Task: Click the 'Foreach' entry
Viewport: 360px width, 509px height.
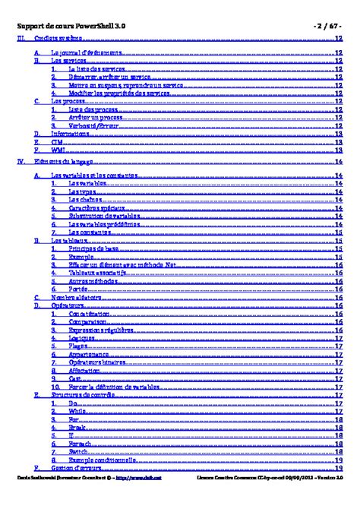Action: [80, 443]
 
